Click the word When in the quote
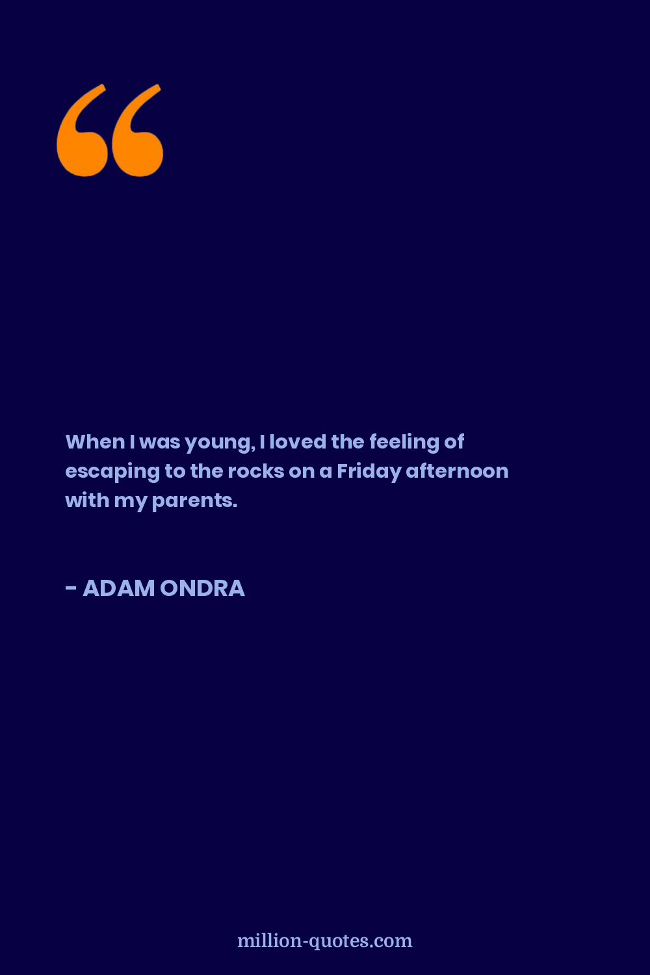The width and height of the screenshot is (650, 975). (96, 442)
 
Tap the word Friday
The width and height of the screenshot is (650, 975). (369, 473)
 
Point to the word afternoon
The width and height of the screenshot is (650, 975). (457, 471)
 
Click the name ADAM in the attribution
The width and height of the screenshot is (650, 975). (119, 588)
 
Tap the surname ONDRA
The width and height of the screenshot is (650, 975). (202, 588)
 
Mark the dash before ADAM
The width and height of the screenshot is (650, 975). (71, 588)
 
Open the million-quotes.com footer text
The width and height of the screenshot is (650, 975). (325, 941)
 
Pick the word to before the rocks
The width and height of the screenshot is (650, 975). (175, 471)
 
